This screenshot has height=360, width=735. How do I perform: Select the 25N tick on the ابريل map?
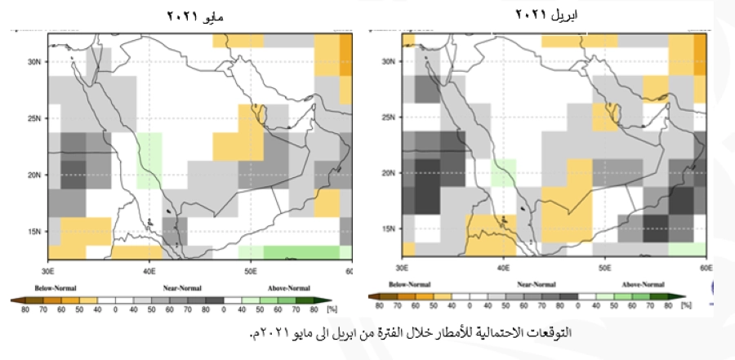(x=390, y=118)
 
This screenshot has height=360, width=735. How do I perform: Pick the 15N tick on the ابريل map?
(x=390, y=229)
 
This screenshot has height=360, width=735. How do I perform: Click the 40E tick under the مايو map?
(x=149, y=269)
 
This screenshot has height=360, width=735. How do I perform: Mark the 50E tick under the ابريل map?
(x=603, y=267)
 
